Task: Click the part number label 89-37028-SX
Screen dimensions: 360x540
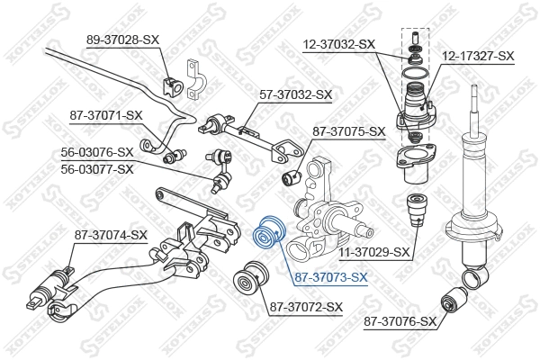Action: point(123,40)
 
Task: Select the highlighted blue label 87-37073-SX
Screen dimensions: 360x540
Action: point(331,277)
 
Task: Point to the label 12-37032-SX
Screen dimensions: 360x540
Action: point(337,43)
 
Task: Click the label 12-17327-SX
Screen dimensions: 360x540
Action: point(477,56)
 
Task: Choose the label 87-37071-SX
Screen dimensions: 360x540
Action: point(107,115)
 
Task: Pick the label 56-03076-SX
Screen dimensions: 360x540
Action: point(97,152)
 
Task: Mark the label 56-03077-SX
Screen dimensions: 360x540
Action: point(97,168)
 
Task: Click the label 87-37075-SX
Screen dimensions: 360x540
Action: point(348,131)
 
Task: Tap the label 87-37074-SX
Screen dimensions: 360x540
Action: point(111,235)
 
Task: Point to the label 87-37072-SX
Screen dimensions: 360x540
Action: point(306,307)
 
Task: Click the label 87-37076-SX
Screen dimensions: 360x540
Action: point(400,320)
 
